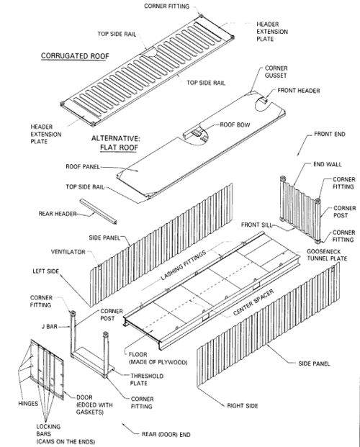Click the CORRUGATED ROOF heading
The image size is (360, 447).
[x=75, y=56]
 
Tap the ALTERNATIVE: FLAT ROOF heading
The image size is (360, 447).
[x=116, y=143]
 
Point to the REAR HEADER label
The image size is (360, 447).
[x=58, y=214]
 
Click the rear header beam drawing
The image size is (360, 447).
[x=98, y=211]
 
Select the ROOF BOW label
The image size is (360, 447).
[x=235, y=125]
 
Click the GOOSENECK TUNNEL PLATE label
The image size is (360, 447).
[x=327, y=255]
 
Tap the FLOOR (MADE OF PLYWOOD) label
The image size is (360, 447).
[x=158, y=358]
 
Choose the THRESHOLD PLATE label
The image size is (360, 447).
[x=147, y=379]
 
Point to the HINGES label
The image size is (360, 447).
[x=28, y=403]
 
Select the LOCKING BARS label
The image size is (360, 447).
[x=48, y=430]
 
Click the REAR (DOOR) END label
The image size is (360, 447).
[x=166, y=435]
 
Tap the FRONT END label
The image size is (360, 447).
[x=330, y=134]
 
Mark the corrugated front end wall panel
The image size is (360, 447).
[x=300, y=209]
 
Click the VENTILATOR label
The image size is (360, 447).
[x=68, y=252]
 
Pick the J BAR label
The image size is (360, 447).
[x=50, y=326]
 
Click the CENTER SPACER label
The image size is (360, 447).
[x=253, y=302]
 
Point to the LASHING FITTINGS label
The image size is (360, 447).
[x=183, y=266]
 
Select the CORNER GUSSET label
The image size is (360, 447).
[x=276, y=72]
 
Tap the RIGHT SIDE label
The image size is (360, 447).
[x=243, y=406]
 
